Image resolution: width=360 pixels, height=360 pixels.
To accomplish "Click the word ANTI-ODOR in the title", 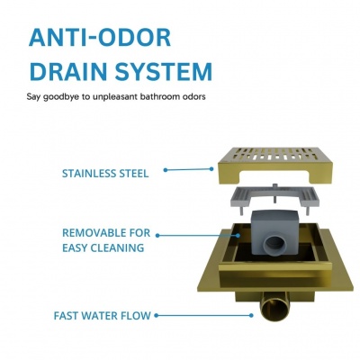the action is pyautogui.click(x=100, y=37).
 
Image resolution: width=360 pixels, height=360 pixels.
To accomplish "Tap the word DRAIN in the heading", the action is pyautogui.click(x=69, y=71).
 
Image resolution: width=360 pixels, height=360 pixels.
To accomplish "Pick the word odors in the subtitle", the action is pyautogui.click(x=195, y=96).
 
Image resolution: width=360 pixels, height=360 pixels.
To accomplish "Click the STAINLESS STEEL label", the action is pyautogui.click(x=105, y=174).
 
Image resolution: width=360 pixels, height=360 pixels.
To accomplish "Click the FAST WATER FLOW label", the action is pyautogui.click(x=102, y=316).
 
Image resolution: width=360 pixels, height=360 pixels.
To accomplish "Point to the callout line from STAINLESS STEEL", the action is pyautogui.click(x=189, y=169).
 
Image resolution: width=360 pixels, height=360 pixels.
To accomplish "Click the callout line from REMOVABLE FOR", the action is pyautogui.click(x=198, y=236).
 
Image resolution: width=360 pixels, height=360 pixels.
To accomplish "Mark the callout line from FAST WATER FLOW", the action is pyautogui.click(x=203, y=315).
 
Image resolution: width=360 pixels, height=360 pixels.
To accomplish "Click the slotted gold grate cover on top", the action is pyautogui.click(x=274, y=166).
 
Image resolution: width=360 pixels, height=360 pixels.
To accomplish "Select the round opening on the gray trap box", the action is pyautogui.click(x=274, y=244).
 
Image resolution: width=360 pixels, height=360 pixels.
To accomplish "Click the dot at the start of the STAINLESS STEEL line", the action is pyautogui.click(x=166, y=170).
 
